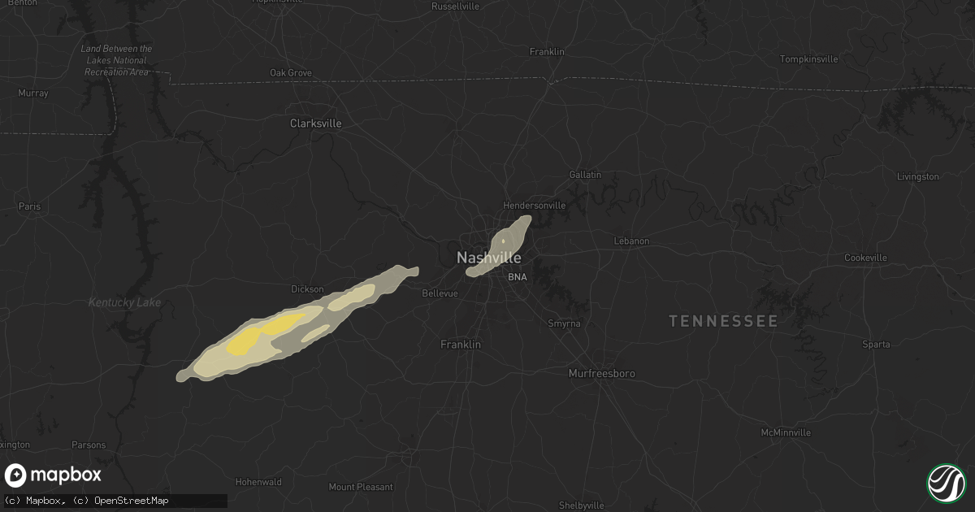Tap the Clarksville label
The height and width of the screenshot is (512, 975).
click(316, 124)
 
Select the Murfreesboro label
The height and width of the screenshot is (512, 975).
click(601, 373)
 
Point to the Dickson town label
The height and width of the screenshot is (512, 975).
click(307, 289)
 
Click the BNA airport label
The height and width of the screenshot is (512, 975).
click(518, 277)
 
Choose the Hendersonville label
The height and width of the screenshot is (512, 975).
click(535, 206)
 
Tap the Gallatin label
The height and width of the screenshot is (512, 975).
click(585, 175)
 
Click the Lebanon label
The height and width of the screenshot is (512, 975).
click(631, 241)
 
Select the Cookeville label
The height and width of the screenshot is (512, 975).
click(888, 258)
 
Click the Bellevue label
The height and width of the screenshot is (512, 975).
click(441, 293)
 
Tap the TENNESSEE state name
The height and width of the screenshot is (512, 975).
click(723, 321)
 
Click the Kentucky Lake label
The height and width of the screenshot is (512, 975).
click(125, 303)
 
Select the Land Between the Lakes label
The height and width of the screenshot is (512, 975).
click(116, 60)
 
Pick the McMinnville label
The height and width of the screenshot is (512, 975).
click(786, 432)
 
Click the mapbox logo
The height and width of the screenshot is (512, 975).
click(54, 475)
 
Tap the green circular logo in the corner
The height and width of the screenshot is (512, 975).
click(946, 483)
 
